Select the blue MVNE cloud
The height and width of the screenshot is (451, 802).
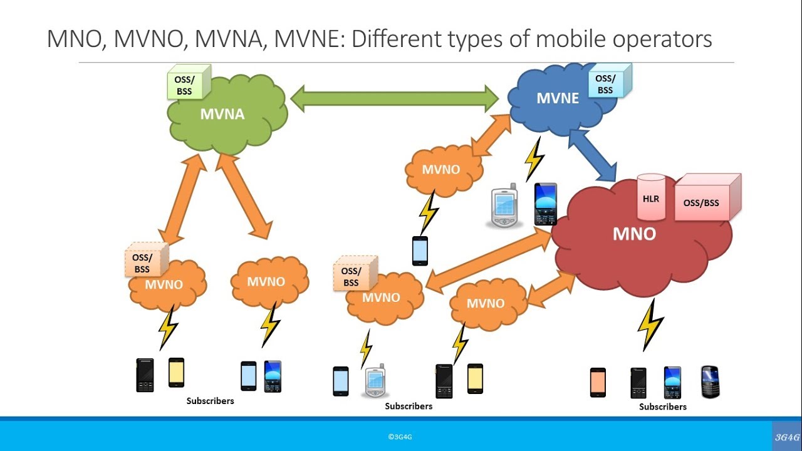pyautogui.click(x=555, y=100)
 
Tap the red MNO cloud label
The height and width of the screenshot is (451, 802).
pyautogui.click(x=634, y=234)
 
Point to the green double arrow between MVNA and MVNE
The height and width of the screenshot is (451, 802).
pyautogui.click(x=395, y=99)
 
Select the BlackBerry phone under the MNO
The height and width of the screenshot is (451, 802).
pyautogui.click(x=710, y=382)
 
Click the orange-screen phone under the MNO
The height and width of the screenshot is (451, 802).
pyautogui.click(x=598, y=382)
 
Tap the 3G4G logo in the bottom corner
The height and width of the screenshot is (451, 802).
pyautogui.click(x=786, y=437)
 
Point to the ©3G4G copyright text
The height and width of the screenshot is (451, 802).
pyautogui.click(x=400, y=437)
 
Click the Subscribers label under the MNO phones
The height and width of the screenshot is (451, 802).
pyautogui.click(x=662, y=407)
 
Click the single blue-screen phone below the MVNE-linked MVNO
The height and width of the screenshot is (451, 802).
pyautogui.click(x=420, y=251)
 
